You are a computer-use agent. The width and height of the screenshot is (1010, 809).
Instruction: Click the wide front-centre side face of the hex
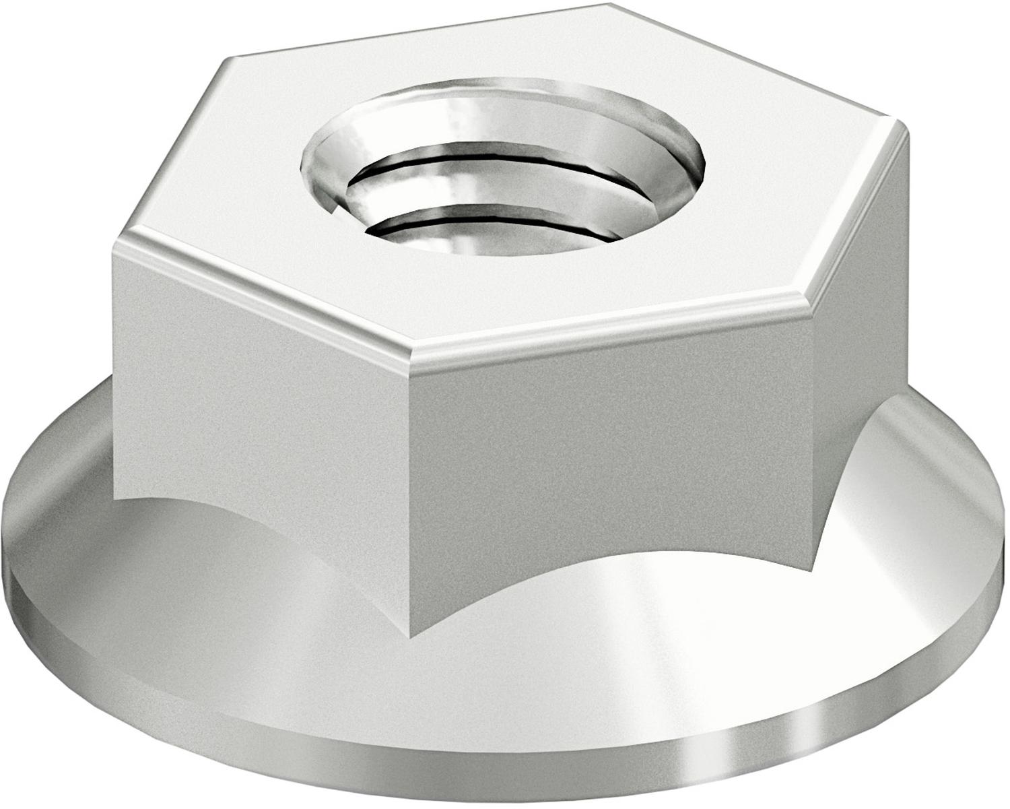[x=609, y=458]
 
